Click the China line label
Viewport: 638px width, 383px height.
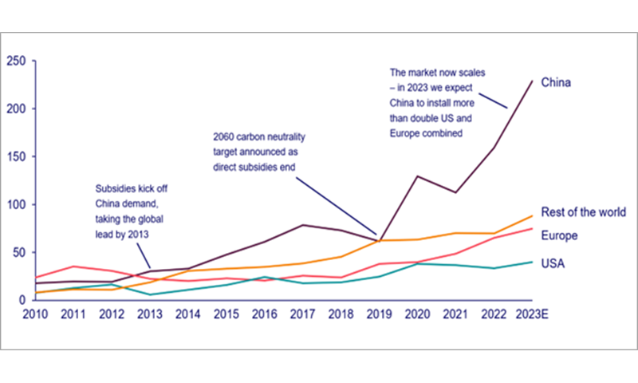(557, 82)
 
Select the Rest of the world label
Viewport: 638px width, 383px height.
(583, 212)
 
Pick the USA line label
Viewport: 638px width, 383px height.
(553, 263)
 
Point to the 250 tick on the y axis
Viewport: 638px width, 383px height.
(15, 61)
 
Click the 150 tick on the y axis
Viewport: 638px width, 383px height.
(15, 156)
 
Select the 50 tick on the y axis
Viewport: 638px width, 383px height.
(18, 252)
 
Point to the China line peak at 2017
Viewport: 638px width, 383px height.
(302, 225)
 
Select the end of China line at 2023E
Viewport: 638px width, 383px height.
(532, 81)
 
